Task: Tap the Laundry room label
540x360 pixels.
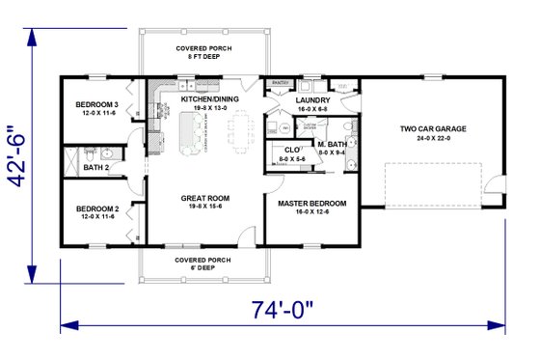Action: [x=313, y=99]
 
